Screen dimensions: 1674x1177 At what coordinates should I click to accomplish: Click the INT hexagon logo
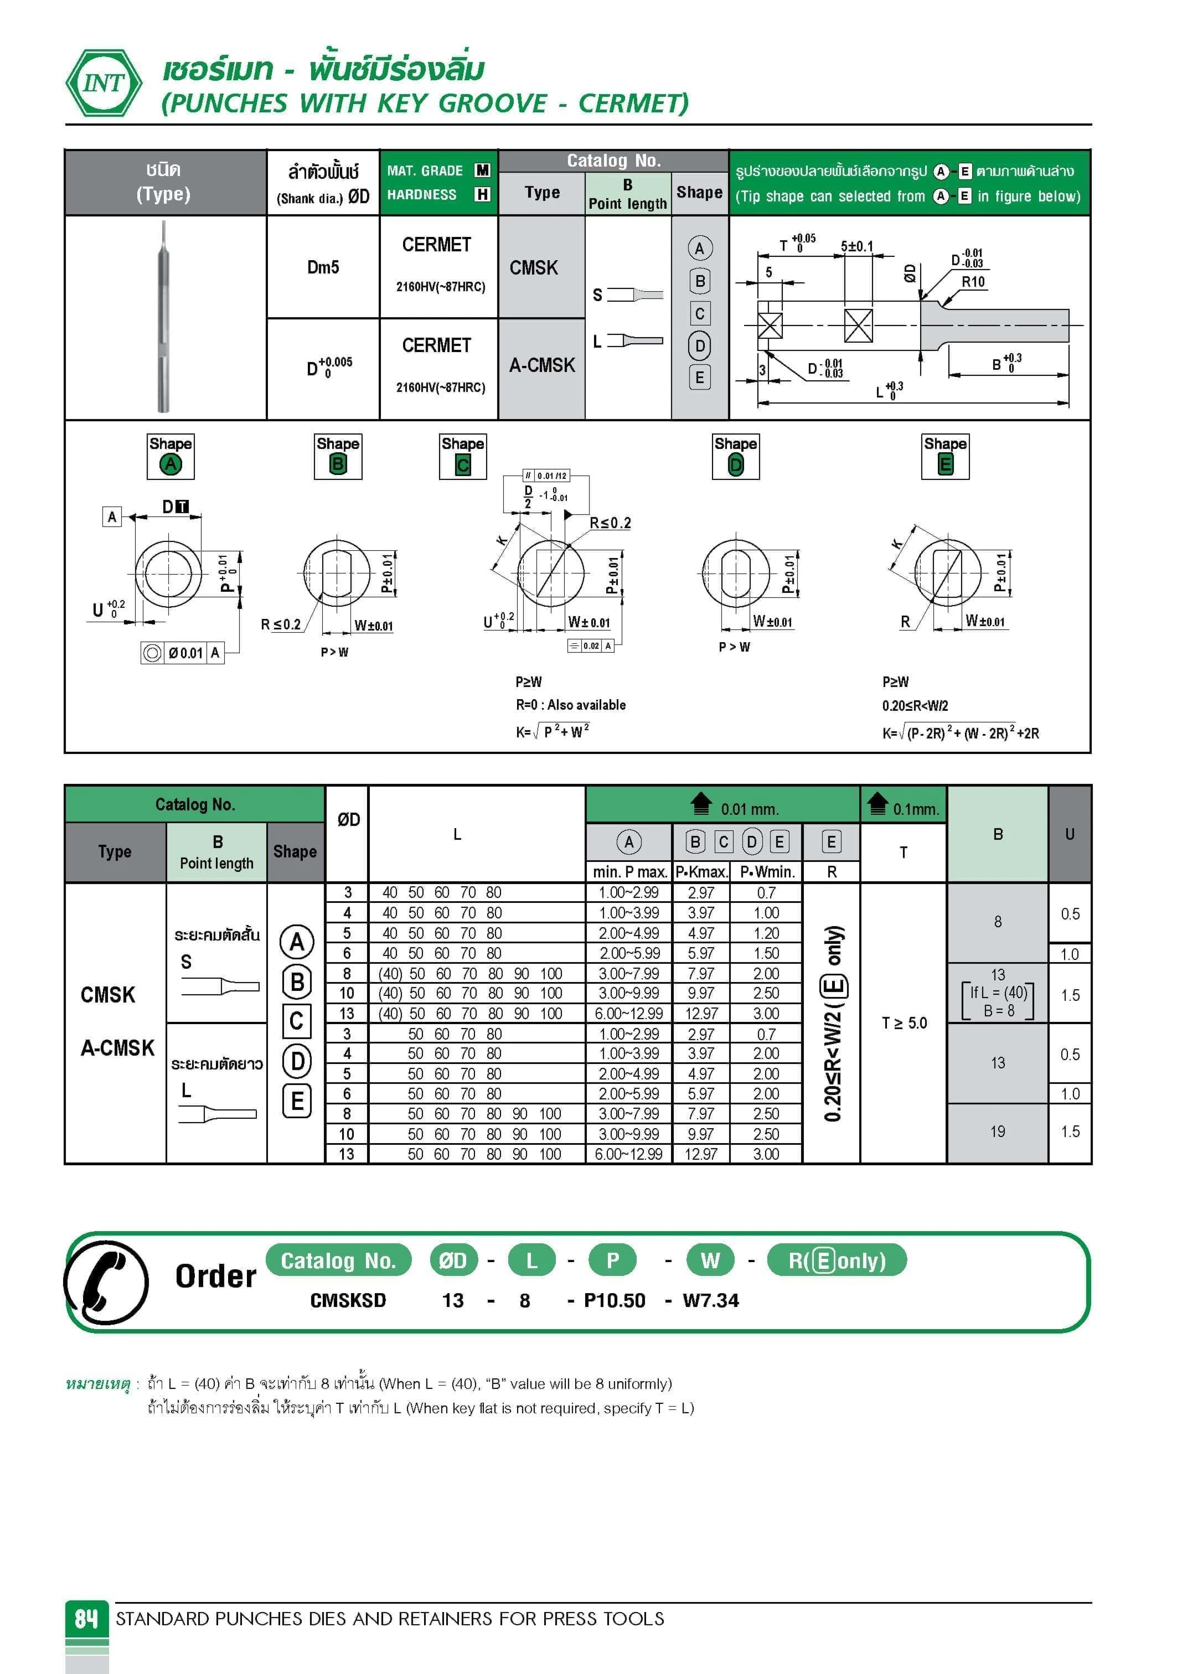click(x=104, y=83)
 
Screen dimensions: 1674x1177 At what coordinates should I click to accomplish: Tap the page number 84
click(x=86, y=1618)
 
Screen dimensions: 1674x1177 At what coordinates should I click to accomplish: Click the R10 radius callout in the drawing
click(x=973, y=282)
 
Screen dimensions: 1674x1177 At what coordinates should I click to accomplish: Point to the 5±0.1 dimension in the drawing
click(x=857, y=246)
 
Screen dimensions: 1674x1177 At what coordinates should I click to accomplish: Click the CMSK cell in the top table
click(x=534, y=268)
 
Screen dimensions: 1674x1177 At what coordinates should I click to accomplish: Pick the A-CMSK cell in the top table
click(x=542, y=365)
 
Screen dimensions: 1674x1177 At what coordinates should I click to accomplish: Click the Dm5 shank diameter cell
click(x=323, y=267)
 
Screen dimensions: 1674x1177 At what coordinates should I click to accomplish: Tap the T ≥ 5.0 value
click(x=904, y=1023)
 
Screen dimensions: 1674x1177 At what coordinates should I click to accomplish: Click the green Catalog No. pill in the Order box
click(x=338, y=1260)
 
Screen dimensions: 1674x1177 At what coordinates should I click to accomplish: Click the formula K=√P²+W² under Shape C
click(x=552, y=731)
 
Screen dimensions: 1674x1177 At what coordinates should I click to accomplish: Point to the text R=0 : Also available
click(x=570, y=705)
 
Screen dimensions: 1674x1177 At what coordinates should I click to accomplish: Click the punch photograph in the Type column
click(x=165, y=317)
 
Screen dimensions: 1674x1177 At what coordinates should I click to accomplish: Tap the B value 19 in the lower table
click(x=997, y=1131)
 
